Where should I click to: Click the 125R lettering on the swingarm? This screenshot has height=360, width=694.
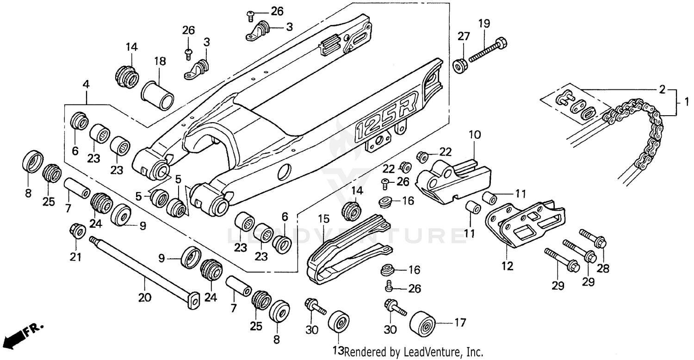(x=386, y=116)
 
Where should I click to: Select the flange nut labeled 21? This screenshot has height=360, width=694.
(x=77, y=230)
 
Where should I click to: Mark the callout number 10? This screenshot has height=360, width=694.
(x=475, y=135)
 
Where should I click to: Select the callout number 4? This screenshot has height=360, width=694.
(x=86, y=85)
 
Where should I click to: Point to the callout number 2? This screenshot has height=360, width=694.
(x=662, y=89)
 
